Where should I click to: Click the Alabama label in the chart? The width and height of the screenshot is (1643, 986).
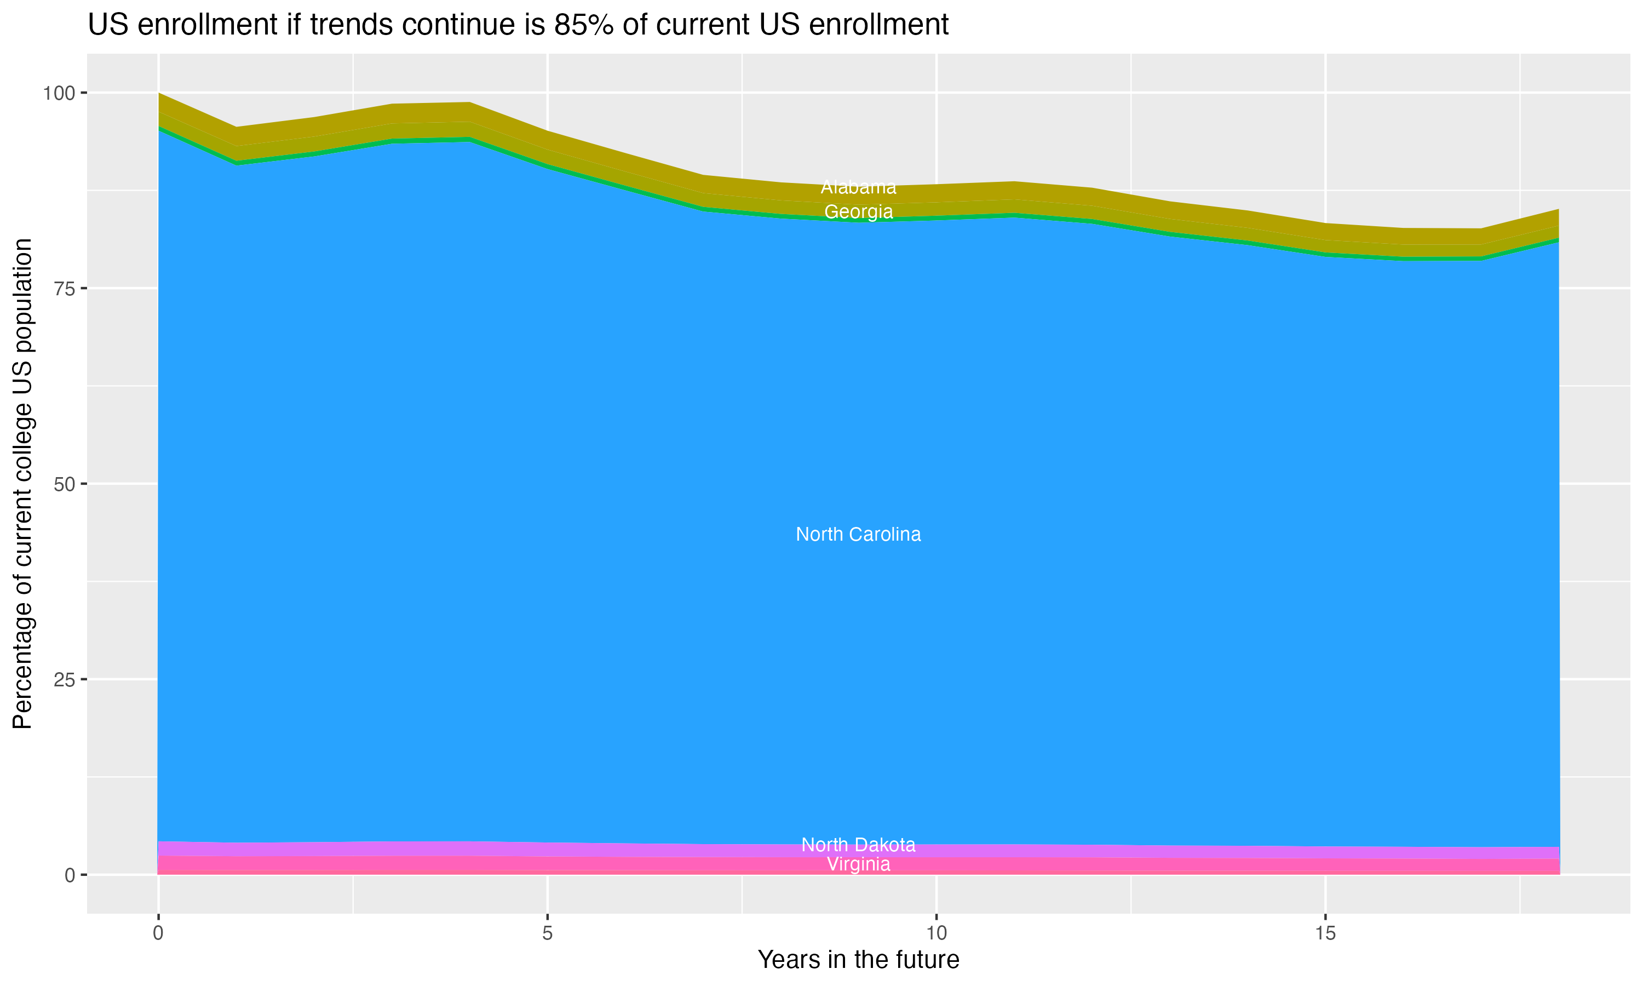[x=858, y=187]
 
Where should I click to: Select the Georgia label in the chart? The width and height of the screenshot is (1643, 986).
[x=858, y=212]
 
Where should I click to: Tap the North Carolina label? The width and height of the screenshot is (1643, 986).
[x=858, y=534]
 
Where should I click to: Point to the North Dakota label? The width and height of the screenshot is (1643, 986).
[x=858, y=845]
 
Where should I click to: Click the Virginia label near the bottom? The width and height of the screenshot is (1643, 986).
[x=858, y=864]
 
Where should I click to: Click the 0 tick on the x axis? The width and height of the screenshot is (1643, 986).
[x=158, y=933]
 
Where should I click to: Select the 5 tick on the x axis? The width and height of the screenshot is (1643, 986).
[x=547, y=933]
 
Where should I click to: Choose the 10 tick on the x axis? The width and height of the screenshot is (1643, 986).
[x=936, y=933]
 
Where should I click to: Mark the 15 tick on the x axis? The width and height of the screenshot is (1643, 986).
[x=1325, y=933]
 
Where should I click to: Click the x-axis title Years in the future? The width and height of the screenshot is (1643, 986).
[x=858, y=960]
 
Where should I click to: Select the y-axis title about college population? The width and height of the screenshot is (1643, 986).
[x=23, y=484]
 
